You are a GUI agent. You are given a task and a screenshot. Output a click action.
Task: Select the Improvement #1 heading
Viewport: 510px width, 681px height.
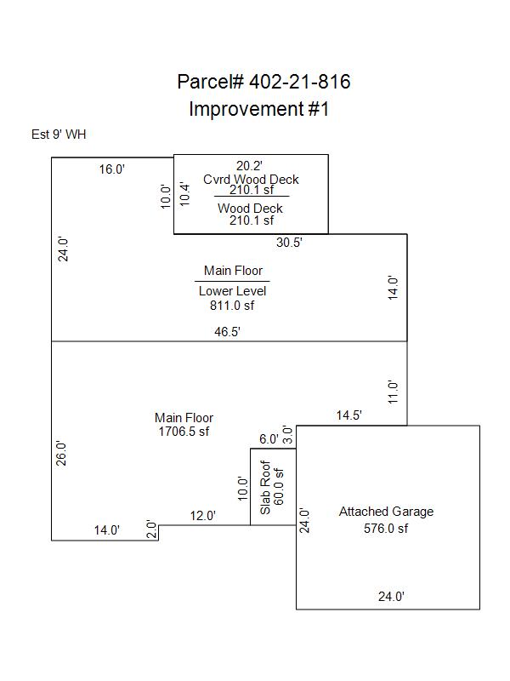tap(258, 109)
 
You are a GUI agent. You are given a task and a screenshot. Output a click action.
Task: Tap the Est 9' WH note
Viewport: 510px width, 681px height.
tap(59, 134)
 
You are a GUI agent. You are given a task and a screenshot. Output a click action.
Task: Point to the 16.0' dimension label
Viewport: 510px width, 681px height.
tap(111, 169)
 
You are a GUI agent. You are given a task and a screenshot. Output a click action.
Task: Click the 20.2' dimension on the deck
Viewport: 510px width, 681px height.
tap(250, 166)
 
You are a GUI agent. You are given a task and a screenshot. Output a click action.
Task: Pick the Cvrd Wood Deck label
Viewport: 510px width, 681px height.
tap(251, 180)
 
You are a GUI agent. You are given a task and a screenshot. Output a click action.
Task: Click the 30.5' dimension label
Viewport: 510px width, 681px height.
tap(290, 243)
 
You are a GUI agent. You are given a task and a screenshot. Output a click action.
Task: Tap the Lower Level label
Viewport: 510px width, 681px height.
tap(232, 291)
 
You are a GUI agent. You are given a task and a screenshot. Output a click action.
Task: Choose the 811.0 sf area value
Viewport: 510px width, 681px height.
tap(232, 305)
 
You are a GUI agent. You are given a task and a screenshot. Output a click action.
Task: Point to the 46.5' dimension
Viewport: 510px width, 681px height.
tap(227, 333)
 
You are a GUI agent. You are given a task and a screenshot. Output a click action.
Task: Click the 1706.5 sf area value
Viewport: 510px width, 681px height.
tap(184, 432)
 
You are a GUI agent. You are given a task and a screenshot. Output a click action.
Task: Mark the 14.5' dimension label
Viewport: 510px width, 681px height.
tap(349, 416)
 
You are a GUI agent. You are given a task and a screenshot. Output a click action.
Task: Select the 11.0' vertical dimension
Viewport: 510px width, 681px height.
tap(394, 392)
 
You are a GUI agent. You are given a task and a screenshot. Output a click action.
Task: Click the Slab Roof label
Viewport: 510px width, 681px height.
tap(266, 488)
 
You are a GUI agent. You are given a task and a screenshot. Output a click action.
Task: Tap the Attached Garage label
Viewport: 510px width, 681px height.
tap(386, 512)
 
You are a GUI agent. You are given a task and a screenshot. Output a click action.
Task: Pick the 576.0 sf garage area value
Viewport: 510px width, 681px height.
tap(386, 528)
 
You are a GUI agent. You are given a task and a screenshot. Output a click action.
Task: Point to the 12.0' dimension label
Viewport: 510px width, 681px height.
tap(202, 516)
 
